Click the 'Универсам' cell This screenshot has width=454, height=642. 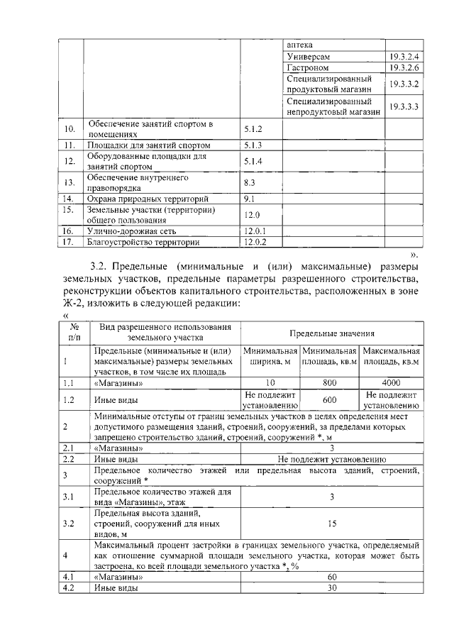click(x=309, y=56)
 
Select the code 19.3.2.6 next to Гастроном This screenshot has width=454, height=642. click(x=404, y=67)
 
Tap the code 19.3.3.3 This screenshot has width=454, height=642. click(x=404, y=107)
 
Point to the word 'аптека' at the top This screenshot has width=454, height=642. click(x=299, y=44)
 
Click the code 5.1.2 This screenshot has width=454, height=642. click(x=253, y=130)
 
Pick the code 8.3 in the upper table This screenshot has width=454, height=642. click(x=249, y=183)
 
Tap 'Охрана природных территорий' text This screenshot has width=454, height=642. click(x=147, y=199)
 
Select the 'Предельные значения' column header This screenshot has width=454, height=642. click(x=331, y=333)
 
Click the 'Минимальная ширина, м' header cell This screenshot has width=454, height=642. click(x=270, y=356)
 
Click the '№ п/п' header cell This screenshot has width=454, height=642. click(x=74, y=333)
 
